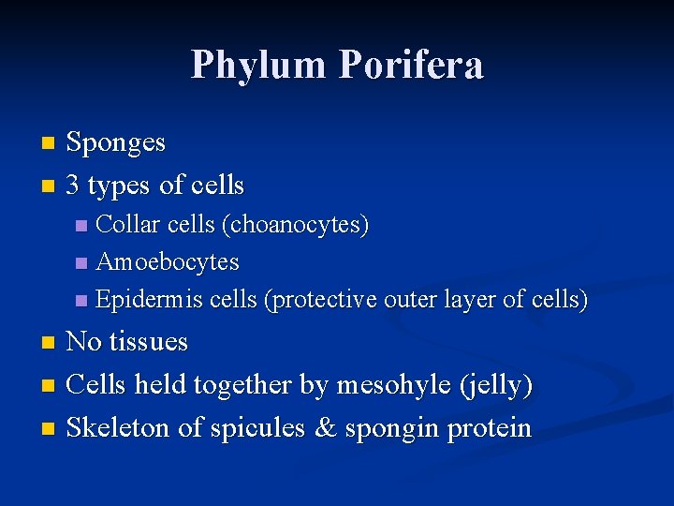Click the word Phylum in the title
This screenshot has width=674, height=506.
click(x=259, y=66)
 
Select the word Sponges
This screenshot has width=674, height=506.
click(x=116, y=143)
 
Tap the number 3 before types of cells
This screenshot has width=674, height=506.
click(x=74, y=186)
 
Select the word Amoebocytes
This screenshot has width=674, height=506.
click(x=168, y=262)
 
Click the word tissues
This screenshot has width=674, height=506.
click(x=149, y=341)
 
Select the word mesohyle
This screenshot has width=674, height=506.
click(x=390, y=385)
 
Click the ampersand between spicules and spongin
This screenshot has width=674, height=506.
click(x=325, y=428)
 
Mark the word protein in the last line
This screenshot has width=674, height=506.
click(x=490, y=429)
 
